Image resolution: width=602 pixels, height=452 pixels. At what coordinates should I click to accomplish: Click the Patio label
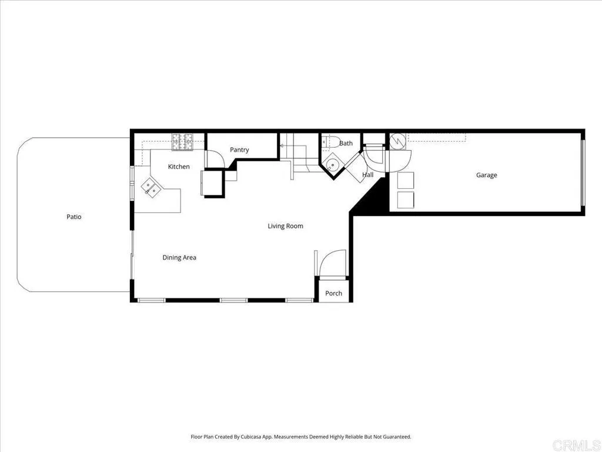pyautogui.click(x=73, y=217)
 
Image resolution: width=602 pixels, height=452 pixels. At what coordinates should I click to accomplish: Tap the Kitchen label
pyautogui.click(x=179, y=167)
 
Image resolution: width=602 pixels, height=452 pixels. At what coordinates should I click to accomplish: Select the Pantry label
pyautogui.click(x=239, y=150)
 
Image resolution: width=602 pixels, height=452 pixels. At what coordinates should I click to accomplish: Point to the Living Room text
pyautogui.click(x=285, y=226)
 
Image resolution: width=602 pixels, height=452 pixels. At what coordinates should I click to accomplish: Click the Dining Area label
pyautogui.click(x=179, y=257)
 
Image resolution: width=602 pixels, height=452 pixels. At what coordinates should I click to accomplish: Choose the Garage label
pyautogui.click(x=486, y=175)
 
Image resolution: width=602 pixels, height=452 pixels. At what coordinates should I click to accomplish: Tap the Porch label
pyautogui.click(x=333, y=293)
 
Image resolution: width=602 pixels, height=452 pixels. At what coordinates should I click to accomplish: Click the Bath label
pyautogui.click(x=346, y=143)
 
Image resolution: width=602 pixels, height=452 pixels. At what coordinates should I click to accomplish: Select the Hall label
pyautogui.click(x=368, y=175)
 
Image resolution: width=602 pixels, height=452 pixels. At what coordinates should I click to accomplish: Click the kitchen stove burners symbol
pyautogui.click(x=183, y=141)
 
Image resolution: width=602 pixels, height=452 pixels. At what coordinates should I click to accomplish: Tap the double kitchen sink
pyautogui.click(x=150, y=188)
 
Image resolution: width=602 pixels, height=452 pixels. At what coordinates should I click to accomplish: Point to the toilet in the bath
pyautogui.click(x=330, y=141)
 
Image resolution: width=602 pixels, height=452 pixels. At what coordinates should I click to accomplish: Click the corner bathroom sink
pyautogui.click(x=332, y=164)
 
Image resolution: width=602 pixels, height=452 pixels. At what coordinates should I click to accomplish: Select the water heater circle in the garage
pyautogui.click(x=397, y=141)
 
